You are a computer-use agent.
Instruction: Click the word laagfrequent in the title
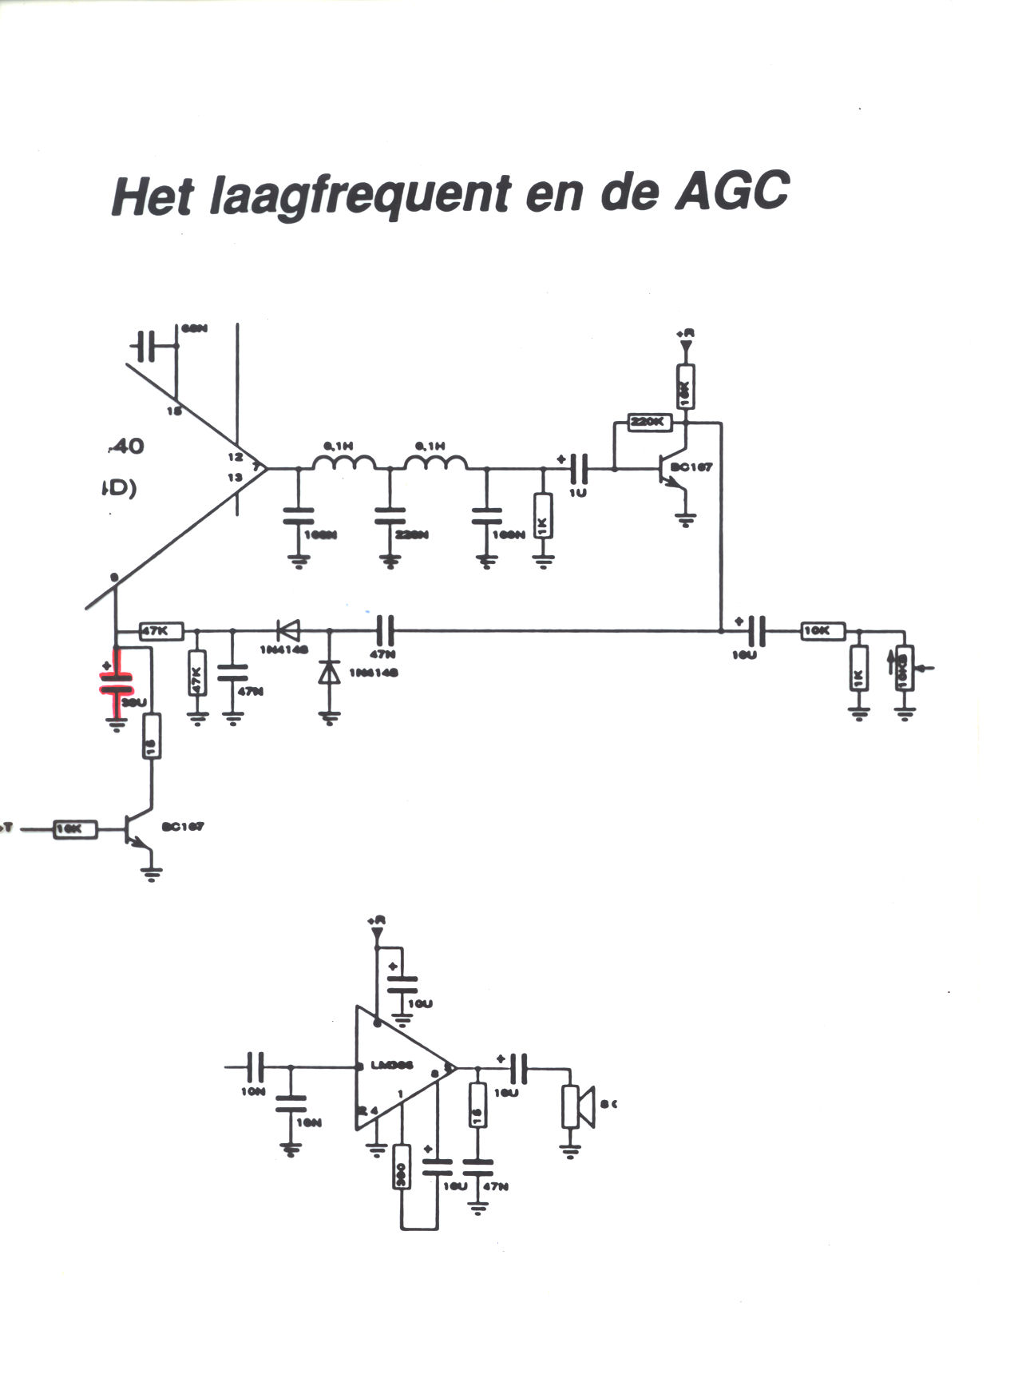click(x=360, y=195)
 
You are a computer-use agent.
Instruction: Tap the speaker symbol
click(x=576, y=1106)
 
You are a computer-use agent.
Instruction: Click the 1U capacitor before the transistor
click(x=579, y=467)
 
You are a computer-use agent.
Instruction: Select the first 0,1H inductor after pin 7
click(x=343, y=463)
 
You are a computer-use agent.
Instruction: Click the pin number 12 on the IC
click(x=235, y=457)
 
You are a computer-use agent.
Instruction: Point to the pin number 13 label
click(x=235, y=477)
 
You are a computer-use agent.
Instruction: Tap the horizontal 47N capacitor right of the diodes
click(x=385, y=630)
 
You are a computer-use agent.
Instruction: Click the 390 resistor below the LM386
click(x=402, y=1167)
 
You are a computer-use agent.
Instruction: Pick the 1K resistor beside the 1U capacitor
click(x=543, y=516)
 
